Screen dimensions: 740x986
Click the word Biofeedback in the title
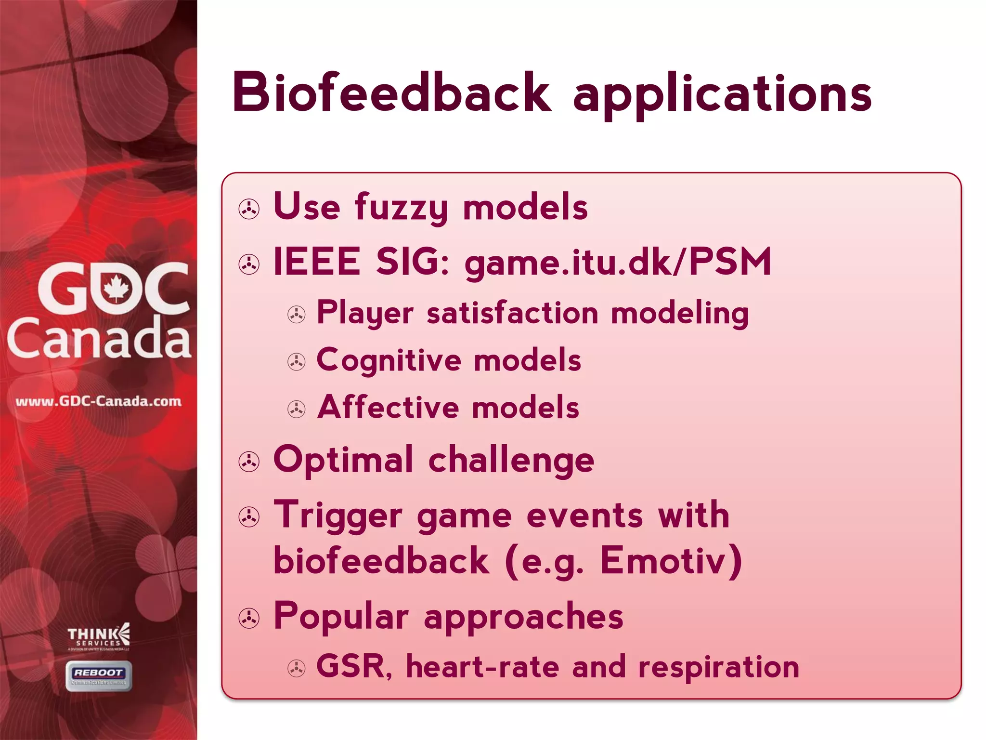coord(391,92)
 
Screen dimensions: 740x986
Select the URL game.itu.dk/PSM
coord(618,263)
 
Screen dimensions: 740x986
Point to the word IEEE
coord(316,262)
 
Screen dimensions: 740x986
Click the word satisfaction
coord(512,313)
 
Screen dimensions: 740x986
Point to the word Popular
coord(341,617)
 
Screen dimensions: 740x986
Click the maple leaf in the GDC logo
coord(116,288)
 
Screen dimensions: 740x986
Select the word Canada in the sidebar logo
coord(99,339)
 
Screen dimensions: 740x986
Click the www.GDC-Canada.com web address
coord(99,401)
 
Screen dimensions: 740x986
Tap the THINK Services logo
coord(99,637)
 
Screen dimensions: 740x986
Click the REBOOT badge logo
coord(99,675)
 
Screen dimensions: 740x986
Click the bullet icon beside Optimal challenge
coord(249,462)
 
